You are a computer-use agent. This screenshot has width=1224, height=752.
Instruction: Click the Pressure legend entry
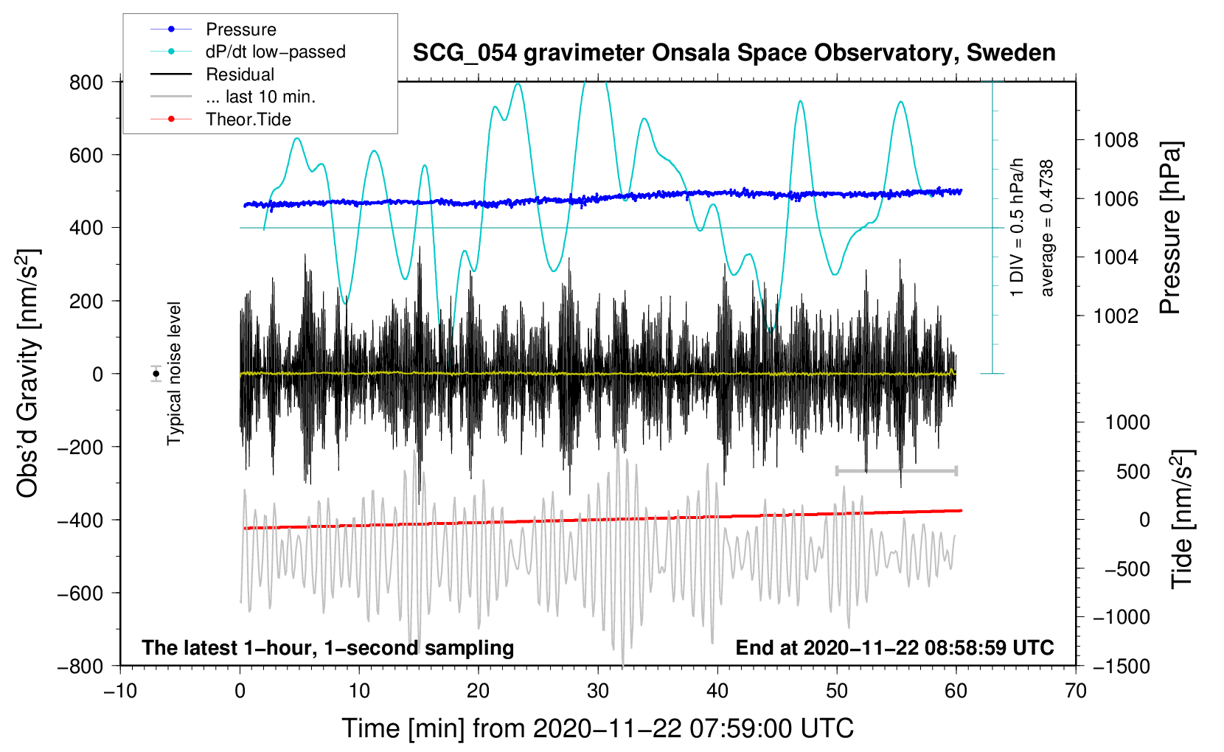tap(240, 29)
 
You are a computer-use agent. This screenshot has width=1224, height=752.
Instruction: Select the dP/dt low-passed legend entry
tap(275, 52)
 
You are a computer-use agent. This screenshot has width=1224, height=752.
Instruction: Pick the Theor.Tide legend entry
tap(248, 119)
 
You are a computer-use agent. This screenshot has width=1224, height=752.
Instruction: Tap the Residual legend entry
tap(240, 74)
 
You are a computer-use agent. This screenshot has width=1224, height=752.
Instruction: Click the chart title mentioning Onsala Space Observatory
tap(734, 53)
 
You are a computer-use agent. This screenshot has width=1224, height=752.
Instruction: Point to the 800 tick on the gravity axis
tap(86, 82)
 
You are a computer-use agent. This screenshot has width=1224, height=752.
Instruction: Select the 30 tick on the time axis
tap(598, 691)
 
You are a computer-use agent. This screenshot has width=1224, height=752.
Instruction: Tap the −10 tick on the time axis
tap(120, 691)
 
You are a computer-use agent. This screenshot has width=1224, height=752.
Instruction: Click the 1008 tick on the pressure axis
tap(1116, 140)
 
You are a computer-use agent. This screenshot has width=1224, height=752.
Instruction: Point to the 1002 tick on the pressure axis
tap(1116, 316)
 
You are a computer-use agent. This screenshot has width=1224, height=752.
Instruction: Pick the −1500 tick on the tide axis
tap(1122, 666)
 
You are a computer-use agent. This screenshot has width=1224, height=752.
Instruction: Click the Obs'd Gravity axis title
tap(28, 373)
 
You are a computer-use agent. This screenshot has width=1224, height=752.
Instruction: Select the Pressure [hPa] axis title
tap(1170, 228)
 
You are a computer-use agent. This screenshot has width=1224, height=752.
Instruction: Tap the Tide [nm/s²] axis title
tap(1182, 519)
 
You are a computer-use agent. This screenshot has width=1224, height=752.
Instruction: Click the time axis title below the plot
tap(598, 728)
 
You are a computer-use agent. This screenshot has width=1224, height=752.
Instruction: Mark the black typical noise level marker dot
tap(156, 374)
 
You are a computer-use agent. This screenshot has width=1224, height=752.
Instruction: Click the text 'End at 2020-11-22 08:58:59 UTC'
tap(894, 647)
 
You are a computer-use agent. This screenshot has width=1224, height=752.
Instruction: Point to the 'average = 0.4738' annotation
tap(1047, 228)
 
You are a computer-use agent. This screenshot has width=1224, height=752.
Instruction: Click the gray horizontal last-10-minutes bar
tap(896, 470)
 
